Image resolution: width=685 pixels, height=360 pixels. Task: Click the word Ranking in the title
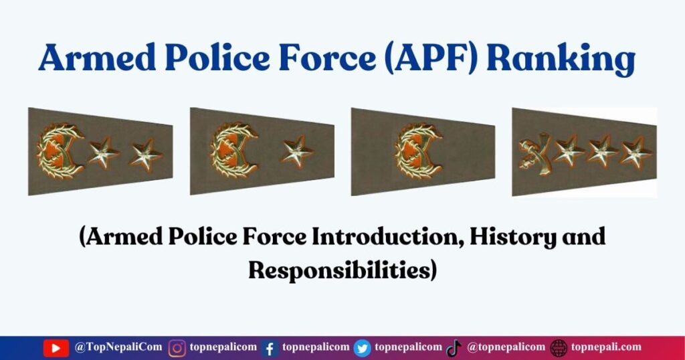[x=561, y=58]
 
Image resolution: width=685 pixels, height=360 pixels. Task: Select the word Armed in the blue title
[x=97, y=58]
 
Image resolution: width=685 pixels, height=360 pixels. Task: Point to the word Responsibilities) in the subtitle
[x=342, y=270]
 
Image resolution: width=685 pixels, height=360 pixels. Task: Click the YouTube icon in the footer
[x=56, y=348]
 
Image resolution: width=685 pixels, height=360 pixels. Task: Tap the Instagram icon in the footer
[x=177, y=348]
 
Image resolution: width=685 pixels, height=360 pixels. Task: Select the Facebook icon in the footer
[x=270, y=348]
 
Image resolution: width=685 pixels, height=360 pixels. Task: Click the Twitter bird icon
[x=362, y=348]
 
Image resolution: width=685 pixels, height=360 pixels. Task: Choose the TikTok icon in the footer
[x=454, y=348]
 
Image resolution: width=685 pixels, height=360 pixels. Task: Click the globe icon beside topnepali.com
[x=559, y=348]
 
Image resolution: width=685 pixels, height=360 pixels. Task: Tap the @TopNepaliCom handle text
[x=118, y=347]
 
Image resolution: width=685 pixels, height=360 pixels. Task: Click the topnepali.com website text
[x=606, y=347]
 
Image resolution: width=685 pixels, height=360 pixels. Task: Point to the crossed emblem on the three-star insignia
[x=534, y=154]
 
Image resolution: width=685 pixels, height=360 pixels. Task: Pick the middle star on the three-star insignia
[x=601, y=152]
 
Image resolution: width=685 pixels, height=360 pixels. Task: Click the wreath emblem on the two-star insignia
[x=60, y=151]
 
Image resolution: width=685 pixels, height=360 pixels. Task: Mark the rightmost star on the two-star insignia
[x=145, y=155]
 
